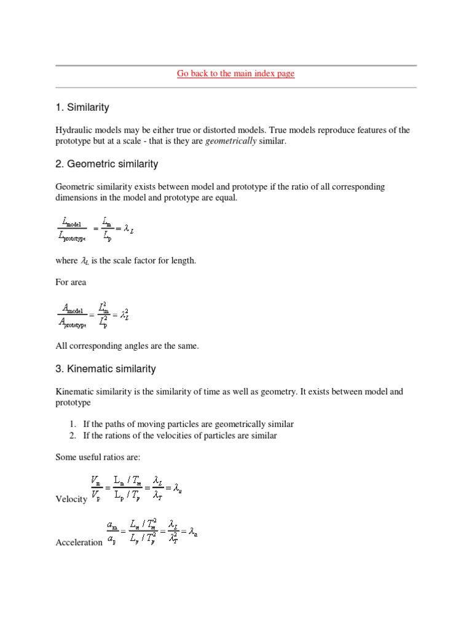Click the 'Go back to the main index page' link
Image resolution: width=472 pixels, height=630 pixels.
pyautogui.click(x=236, y=74)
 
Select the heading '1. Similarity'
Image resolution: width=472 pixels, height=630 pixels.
pyautogui.click(x=82, y=108)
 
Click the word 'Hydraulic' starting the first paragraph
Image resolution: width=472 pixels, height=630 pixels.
pyautogui.click(x=73, y=130)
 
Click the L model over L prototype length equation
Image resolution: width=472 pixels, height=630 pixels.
pyautogui.click(x=95, y=228)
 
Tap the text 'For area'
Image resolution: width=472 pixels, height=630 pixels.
pyautogui.click(x=71, y=282)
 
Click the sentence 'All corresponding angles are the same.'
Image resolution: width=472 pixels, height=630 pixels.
pyautogui.click(x=127, y=346)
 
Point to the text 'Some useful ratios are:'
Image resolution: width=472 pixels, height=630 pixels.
pyautogui.click(x=98, y=457)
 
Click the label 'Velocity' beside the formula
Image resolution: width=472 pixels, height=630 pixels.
pyautogui.click(x=71, y=499)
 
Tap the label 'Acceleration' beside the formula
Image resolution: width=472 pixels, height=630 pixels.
pyautogui.click(x=79, y=542)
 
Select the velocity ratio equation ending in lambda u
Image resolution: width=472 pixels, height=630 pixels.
pyautogui.click(x=136, y=487)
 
